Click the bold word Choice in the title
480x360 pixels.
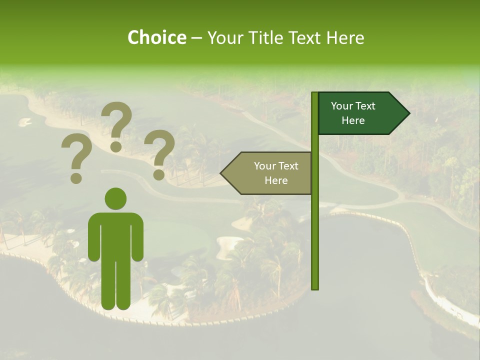[156, 38]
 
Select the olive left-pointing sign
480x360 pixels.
[267, 173]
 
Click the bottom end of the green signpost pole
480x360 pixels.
[315, 287]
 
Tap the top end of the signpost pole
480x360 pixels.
[315, 93]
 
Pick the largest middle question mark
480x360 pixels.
[117, 120]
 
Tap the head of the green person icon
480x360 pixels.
[115, 199]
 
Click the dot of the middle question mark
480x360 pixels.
[116, 146]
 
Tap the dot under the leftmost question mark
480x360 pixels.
[76, 178]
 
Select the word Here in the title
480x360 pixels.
[344, 38]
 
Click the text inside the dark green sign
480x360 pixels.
[353, 113]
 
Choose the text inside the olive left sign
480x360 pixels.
[276, 173]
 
